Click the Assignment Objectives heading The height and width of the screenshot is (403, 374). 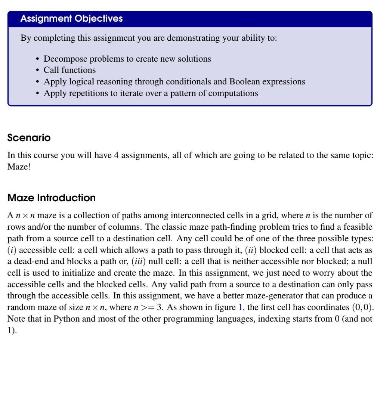(x=71, y=19)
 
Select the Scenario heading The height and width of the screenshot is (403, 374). (x=29, y=138)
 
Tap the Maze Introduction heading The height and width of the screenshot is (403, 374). (x=52, y=198)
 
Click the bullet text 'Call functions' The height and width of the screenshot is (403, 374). (x=69, y=70)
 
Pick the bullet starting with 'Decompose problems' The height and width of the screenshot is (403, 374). (x=127, y=59)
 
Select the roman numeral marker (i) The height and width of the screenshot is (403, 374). (x=12, y=250)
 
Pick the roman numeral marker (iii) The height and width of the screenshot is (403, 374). (x=138, y=262)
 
